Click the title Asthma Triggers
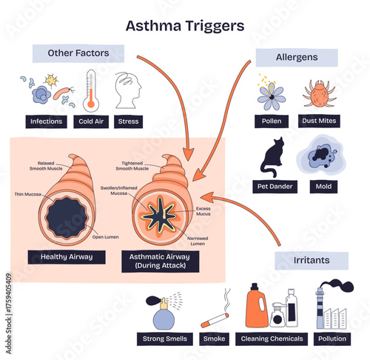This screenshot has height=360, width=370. (184, 25)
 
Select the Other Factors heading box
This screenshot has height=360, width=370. (78, 53)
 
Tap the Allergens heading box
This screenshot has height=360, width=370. (297, 58)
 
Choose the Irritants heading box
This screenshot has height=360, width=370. (312, 260)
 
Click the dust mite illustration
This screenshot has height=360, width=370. (319, 94)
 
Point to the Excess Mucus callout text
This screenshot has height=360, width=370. (204, 211)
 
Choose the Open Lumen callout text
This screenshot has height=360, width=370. (101, 237)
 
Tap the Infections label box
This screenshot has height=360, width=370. (45, 121)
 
